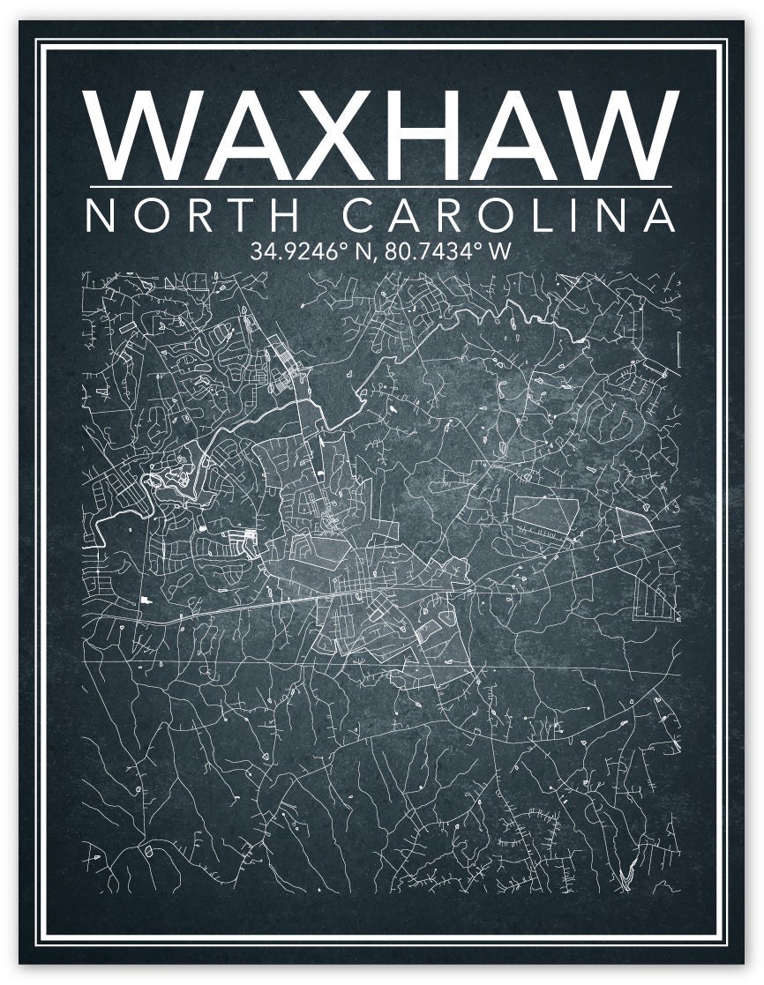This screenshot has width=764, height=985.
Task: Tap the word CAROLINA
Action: [508, 216]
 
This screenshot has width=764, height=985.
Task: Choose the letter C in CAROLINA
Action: [358, 216]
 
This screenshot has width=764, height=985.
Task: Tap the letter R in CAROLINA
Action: [450, 216]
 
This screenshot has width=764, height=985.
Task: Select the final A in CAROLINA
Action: [657, 216]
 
